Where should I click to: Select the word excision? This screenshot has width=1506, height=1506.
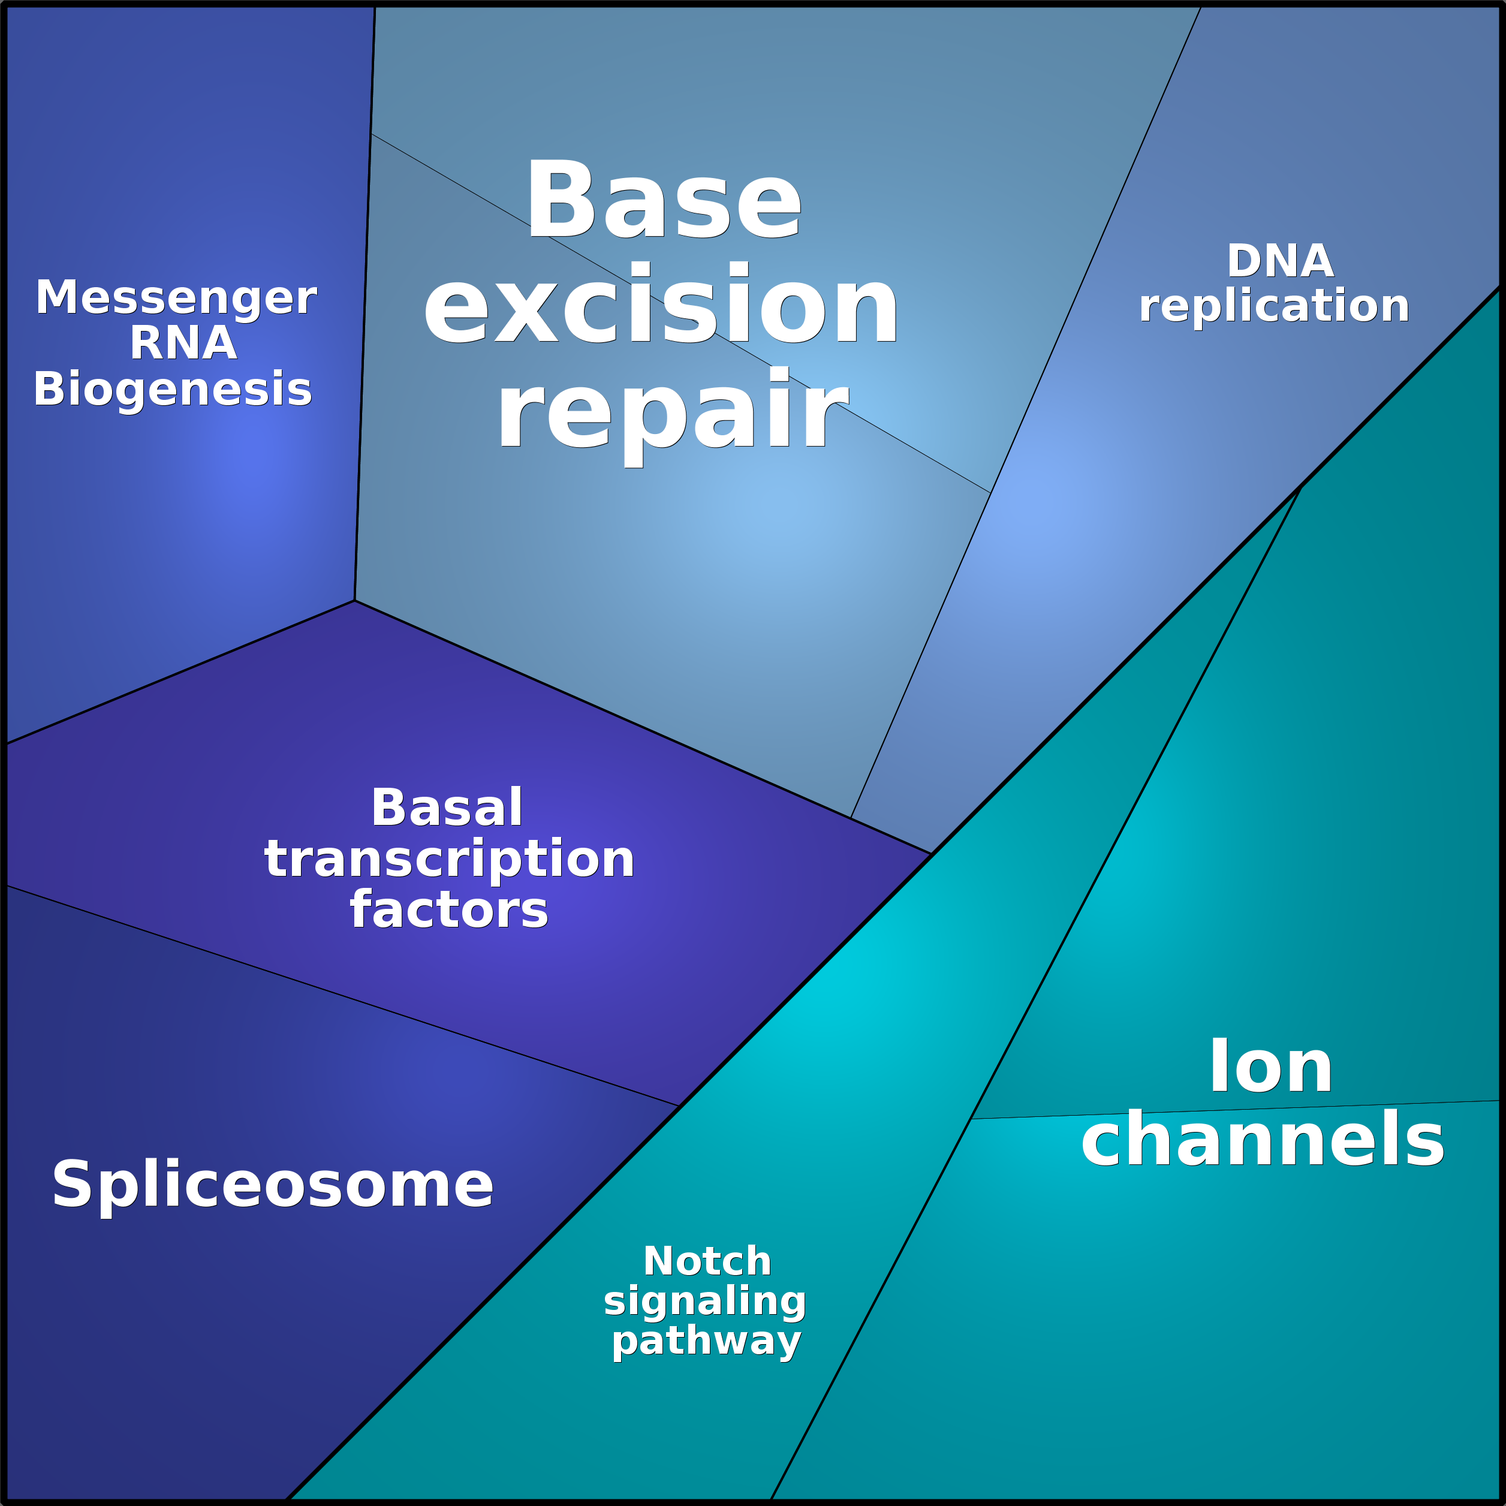[x=661, y=304]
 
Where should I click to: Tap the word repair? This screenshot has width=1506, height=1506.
[x=672, y=409]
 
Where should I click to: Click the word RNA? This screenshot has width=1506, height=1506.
[x=183, y=343]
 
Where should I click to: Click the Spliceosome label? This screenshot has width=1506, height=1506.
[x=273, y=1184]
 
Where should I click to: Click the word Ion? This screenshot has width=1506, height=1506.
[x=1270, y=1067]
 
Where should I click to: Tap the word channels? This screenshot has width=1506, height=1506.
[x=1263, y=1140]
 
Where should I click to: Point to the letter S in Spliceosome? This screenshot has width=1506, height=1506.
[x=73, y=1184]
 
